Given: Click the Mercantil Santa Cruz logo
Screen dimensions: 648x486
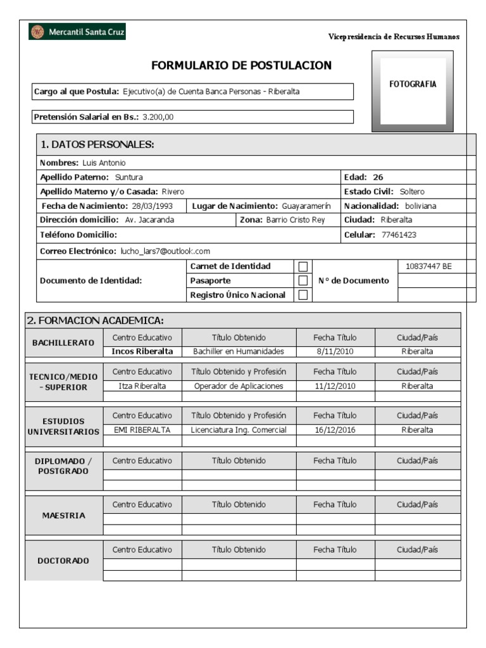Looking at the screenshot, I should (x=77, y=32).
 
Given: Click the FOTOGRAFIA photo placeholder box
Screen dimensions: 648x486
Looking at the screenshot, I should (x=413, y=91).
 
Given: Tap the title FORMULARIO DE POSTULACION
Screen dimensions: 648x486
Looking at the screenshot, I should (x=241, y=66).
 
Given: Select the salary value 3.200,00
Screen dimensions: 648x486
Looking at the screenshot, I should (x=158, y=117).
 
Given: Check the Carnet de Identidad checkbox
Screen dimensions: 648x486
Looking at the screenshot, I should (x=303, y=266).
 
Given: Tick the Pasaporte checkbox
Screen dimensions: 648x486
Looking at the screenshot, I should (x=303, y=280).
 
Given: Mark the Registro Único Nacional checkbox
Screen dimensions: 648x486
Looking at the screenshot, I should (x=303, y=295).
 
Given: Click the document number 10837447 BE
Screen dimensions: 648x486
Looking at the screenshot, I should (x=429, y=266).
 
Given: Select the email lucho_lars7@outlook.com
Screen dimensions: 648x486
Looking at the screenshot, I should (x=165, y=251).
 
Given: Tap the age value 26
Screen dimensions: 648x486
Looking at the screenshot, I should (x=378, y=177).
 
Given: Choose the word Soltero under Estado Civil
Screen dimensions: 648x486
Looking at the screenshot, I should (x=413, y=192).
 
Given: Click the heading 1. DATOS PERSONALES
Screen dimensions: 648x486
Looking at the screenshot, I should (x=97, y=145).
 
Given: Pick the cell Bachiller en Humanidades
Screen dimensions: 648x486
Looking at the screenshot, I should (x=239, y=352).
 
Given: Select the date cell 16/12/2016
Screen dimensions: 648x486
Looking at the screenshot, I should (x=335, y=430).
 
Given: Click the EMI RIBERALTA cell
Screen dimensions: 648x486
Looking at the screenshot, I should (x=142, y=430).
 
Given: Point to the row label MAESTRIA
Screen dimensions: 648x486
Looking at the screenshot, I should (x=63, y=516).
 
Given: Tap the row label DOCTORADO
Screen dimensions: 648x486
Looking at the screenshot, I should (x=63, y=561).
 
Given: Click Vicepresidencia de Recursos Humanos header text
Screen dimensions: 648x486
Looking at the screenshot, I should (x=394, y=37).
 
